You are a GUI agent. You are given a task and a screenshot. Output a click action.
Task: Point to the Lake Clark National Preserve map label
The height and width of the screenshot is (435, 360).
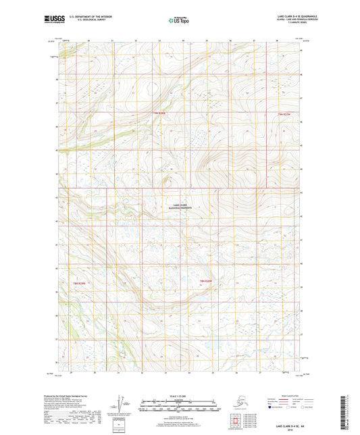(180, 207)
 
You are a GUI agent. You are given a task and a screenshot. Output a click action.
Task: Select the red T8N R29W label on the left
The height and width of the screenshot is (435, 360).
(80, 283)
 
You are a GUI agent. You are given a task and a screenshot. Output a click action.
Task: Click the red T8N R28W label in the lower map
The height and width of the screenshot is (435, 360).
(205, 280)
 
